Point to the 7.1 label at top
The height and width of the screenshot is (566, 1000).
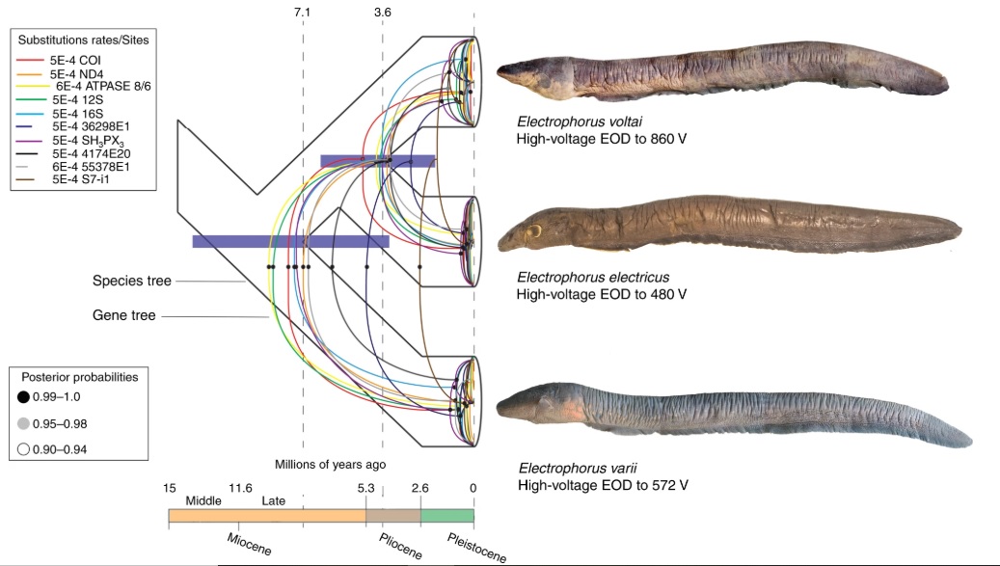coord(303,12)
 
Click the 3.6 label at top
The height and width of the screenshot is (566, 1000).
coord(382,12)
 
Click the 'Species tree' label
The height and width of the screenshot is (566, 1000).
coord(131,282)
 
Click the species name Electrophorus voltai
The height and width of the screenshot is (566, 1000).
coord(571,123)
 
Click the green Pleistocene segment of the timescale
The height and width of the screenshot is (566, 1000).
coord(446,516)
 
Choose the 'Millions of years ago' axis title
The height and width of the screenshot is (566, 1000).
coord(331,464)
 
